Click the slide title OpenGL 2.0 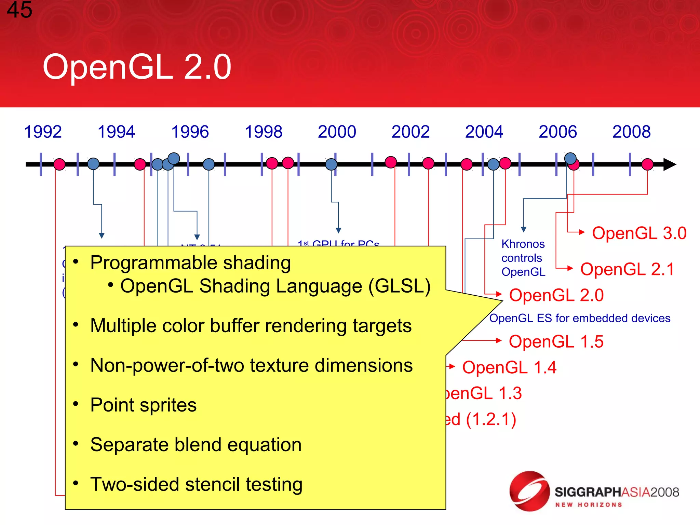coord(137,67)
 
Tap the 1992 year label coord(43,132)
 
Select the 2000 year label coord(337,132)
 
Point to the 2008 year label coord(631,132)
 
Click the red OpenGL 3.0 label coord(639,233)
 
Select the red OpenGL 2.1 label coord(627,269)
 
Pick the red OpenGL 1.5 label coord(556,341)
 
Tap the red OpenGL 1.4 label coord(509,368)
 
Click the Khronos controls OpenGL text coord(523,258)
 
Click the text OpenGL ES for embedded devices coord(580,318)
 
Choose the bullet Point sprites coord(144,405)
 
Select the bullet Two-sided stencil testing coord(196,484)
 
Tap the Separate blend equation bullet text coord(196,445)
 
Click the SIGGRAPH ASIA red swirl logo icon coord(529,491)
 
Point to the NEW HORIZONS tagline coord(588,505)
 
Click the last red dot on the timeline coord(647,164)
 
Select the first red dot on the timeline coord(59,164)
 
